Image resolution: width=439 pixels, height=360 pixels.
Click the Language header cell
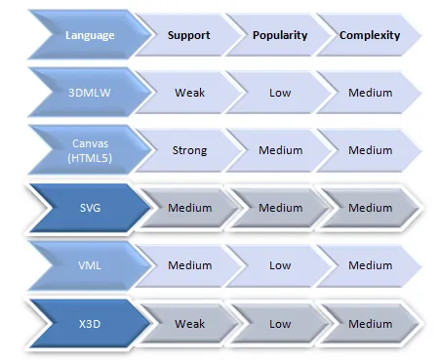coord(90,35)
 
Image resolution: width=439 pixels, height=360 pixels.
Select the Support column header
coord(189,35)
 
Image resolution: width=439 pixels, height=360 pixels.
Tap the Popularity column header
coord(280,35)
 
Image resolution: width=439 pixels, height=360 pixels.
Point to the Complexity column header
coord(370,35)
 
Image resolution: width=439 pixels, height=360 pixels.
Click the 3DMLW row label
coord(90,93)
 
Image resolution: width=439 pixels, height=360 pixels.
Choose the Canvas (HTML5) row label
coord(90,150)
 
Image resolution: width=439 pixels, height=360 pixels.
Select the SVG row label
coord(90,207)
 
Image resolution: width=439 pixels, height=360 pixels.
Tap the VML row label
coord(90,264)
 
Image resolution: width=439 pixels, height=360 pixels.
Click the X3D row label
coord(90,323)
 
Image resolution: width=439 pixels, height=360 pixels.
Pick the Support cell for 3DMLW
coord(189,93)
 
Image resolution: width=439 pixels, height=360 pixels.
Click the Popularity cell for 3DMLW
coord(280,93)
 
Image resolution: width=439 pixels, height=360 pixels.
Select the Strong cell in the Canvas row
coord(189,150)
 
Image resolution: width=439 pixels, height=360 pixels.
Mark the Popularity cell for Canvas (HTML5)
coord(280,150)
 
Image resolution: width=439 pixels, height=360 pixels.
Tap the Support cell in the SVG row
coord(189,207)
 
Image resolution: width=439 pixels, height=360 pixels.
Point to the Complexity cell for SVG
coord(370,207)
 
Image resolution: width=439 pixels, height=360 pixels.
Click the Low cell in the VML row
coord(280,264)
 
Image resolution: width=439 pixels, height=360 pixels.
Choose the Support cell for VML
coord(189,264)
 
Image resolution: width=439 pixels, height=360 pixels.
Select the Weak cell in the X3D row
coord(189,323)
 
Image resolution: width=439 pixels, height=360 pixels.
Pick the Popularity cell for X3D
coord(280,323)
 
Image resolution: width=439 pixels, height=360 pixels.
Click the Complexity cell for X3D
coord(370,323)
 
